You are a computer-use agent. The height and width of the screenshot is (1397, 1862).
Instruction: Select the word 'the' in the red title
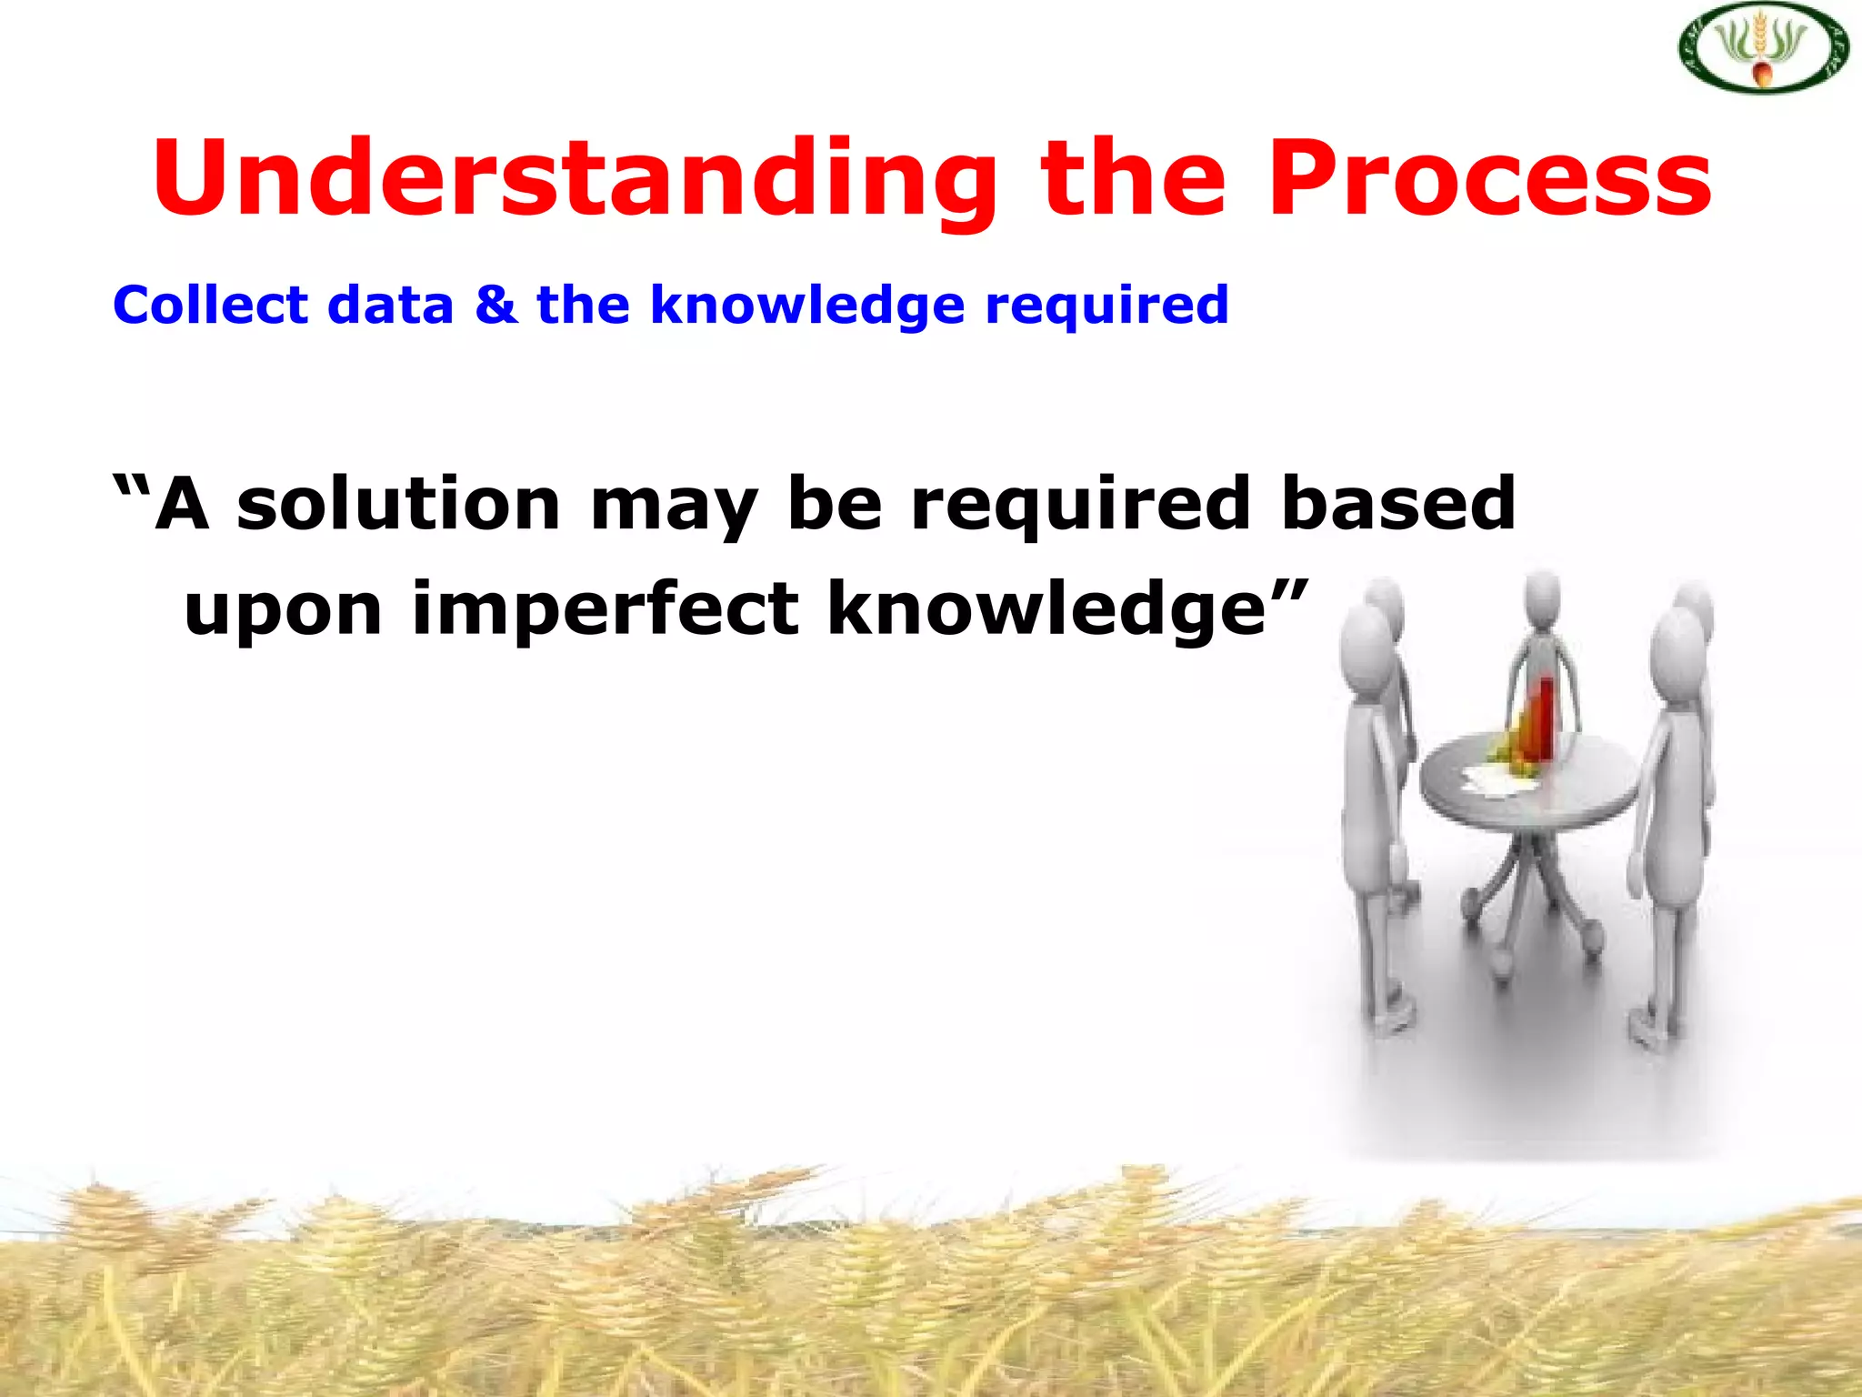coord(1133,179)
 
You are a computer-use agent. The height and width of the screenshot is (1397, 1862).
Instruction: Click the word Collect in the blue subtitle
coord(210,305)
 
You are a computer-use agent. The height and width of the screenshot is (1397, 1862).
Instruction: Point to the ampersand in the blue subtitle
coord(496,305)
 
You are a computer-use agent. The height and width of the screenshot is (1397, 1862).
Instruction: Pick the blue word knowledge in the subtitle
coord(806,307)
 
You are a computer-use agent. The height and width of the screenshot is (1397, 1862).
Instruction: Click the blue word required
coord(1106,307)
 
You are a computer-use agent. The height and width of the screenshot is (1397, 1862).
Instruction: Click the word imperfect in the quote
coord(606,609)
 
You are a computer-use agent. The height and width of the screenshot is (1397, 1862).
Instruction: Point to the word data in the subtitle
coord(390,305)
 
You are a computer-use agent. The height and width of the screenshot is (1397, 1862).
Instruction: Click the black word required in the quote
coord(1080,506)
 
